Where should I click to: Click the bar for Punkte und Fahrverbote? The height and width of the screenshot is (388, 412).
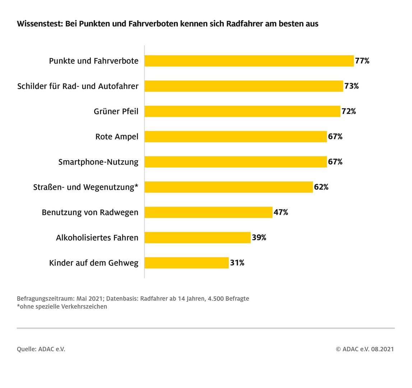click(249, 61)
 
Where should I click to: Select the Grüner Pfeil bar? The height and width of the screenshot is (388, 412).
click(242, 111)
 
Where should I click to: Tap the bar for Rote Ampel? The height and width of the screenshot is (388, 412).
click(236, 137)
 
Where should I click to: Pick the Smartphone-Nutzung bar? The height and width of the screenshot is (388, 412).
click(236, 162)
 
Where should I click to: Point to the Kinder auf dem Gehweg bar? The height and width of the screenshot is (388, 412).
click(186, 263)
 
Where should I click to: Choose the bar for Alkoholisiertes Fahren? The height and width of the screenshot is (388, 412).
click(198, 237)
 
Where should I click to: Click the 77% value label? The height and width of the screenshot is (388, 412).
click(362, 61)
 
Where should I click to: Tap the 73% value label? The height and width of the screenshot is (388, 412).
click(351, 86)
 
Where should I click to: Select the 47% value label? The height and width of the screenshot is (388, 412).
click(281, 212)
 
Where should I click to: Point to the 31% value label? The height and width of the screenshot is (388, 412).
click(237, 263)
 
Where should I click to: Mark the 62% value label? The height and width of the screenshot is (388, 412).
click(321, 187)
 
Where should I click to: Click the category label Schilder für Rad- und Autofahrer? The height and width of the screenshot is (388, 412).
click(78, 86)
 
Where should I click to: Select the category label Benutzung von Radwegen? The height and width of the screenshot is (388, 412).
click(90, 212)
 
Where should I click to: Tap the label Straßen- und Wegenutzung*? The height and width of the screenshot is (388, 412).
click(85, 187)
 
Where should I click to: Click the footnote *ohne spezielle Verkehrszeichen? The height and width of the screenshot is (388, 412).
click(62, 306)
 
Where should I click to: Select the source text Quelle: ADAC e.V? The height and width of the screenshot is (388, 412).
click(41, 349)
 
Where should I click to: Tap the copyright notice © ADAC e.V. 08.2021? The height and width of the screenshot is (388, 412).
click(365, 349)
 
